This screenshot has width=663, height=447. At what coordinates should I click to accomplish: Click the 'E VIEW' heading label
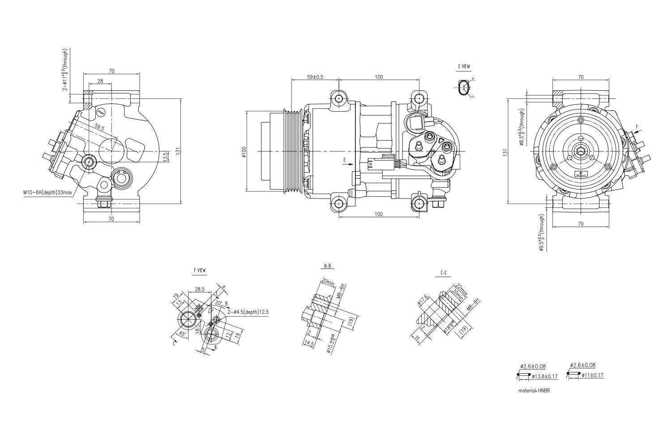point(464,67)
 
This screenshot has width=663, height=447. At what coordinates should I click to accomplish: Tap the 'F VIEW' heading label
point(200,270)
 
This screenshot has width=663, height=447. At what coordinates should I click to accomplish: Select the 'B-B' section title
point(328,266)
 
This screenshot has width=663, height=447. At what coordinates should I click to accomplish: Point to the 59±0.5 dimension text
point(315,77)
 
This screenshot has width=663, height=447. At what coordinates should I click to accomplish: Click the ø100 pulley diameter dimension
point(244,152)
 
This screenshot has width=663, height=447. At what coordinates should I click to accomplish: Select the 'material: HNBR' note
point(534,390)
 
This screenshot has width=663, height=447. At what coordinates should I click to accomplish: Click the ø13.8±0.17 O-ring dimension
point(545,376)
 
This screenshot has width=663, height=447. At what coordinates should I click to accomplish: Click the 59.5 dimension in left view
point(99,128)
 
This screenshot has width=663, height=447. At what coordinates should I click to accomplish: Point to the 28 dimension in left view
point(100,81)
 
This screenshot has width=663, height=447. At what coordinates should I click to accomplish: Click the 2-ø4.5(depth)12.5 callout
point(248,312)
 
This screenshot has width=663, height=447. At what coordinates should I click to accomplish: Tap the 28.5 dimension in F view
point(199,289)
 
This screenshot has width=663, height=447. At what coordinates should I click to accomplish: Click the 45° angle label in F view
point(182,333)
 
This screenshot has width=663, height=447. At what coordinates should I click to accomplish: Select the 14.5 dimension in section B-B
point(308,343)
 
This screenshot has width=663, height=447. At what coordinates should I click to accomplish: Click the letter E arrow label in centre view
point(344,160)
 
